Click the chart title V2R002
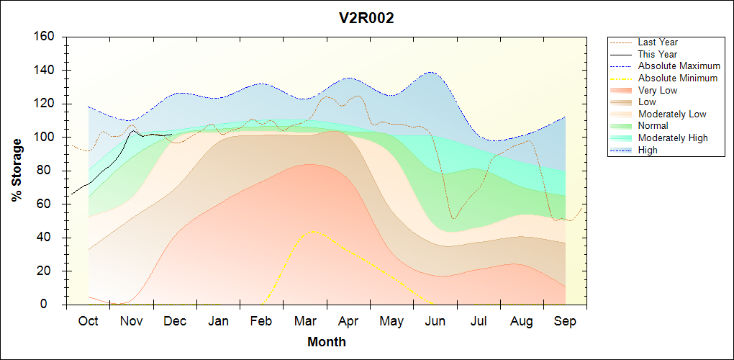click(x=366, y=19)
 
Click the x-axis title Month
click(x=326, y=342)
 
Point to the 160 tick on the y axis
click(x=46, y=37)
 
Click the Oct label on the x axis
click(x=88, y=321)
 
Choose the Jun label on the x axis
click(x=435, y=321)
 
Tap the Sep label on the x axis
click(x=565, y=321)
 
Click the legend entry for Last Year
click(x=658, y=42)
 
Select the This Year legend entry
click(x=658, y=54)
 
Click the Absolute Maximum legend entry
click(x=679, y=66)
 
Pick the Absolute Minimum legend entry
click(x=678, y=78)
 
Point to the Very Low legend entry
click(x=658, y=90)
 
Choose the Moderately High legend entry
click(x=673, y=138)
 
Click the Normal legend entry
click(x=653, y=126)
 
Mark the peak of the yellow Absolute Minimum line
click(x=312, y=231)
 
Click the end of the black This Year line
click(x=171, y=134)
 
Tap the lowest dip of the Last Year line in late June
click(x=453, y=218)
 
